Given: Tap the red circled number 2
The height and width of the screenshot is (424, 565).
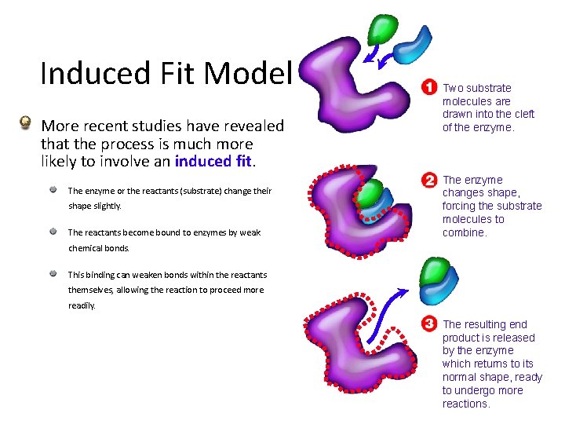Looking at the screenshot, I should [429, 180].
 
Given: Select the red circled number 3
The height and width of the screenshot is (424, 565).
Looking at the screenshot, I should [429, 323].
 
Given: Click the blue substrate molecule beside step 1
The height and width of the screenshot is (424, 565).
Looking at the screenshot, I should [414, 49].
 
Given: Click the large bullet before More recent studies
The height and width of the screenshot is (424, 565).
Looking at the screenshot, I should [26, 123].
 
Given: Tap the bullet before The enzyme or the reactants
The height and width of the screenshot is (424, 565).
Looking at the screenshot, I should [52, 190].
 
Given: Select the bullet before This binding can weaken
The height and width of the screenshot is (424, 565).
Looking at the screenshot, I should [52, 274].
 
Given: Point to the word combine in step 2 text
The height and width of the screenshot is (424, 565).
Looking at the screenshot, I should [463, 232].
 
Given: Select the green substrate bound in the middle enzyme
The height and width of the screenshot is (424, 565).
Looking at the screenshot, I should [371, 191].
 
